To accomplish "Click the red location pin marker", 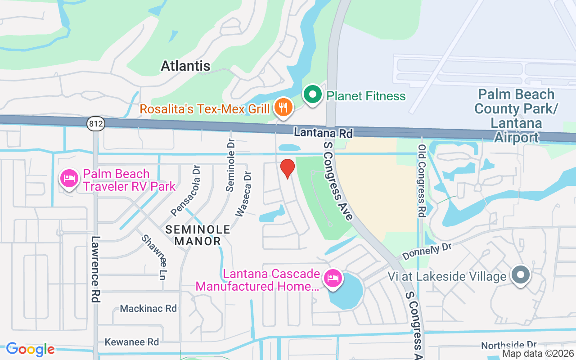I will [288, 168].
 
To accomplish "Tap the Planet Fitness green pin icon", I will [313, 95].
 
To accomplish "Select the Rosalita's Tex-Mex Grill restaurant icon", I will [283, 108].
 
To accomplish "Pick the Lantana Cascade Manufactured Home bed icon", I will [333, 278].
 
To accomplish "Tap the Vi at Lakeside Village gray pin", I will [521, 274].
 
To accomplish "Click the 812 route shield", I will [96, 124].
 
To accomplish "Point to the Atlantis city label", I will [185, 66].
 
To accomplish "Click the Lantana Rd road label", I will [323, 133].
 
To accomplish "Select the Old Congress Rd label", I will [422, 181].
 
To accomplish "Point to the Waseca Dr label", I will [243, 193].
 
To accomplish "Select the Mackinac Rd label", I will [148, 309].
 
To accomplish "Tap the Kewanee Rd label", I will [132, 342].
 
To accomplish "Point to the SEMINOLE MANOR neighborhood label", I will [198, 235].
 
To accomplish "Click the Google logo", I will [31, 349].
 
